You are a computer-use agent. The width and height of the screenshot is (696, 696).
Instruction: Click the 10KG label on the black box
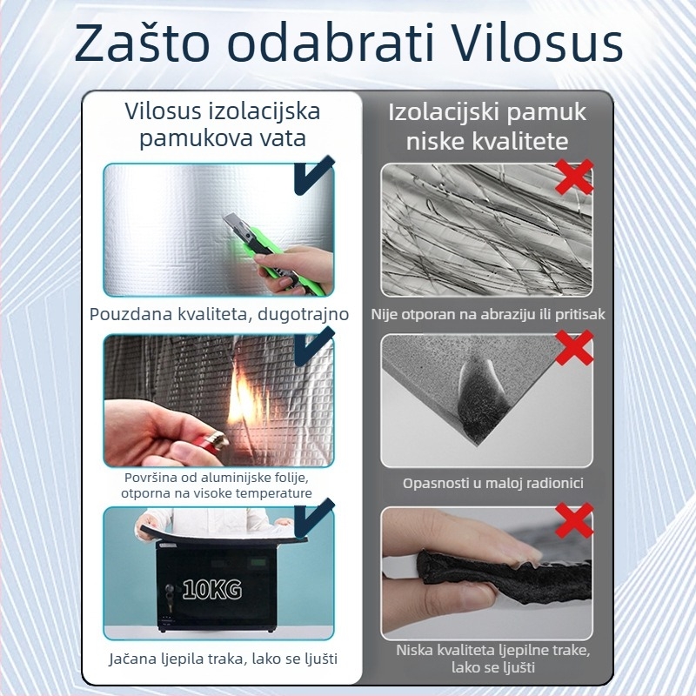pos(212,589)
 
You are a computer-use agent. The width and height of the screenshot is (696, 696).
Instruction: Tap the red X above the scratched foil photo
pos(574,177)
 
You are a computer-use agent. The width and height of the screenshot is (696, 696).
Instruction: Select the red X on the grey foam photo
pos(574,347)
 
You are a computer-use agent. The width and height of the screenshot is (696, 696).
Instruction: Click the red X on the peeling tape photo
pos(574,519)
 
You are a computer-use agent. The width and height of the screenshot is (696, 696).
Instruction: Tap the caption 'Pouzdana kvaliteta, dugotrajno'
pos(219,314)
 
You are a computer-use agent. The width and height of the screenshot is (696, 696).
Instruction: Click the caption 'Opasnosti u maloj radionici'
pos(492,483)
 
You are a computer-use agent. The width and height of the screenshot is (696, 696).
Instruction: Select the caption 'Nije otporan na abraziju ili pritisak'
pos(488,314)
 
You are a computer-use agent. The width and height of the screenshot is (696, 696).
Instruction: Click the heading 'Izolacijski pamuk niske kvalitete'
pos(487,126)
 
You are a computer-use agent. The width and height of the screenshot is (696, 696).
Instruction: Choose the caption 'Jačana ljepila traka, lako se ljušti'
pos(223,659)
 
